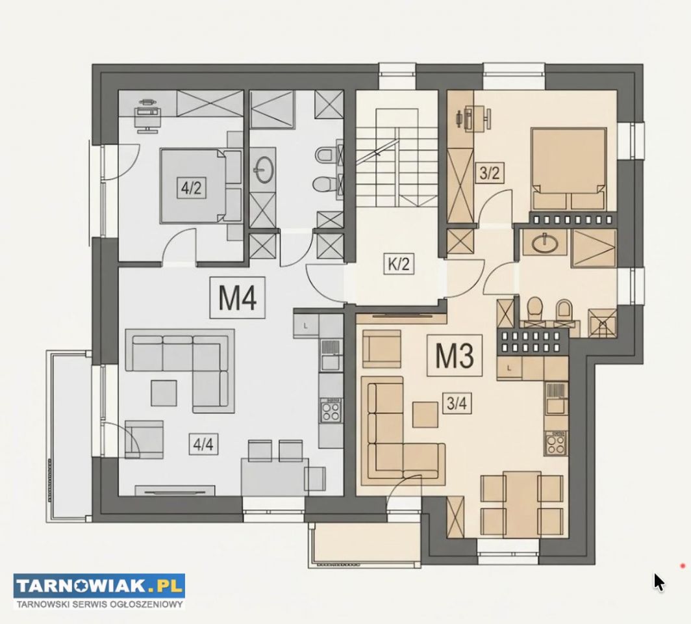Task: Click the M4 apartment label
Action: [x=238, y=298]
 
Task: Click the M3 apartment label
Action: [x=455, y=355]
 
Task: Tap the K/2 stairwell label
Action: [x=399, y=264]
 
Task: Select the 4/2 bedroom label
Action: [x=191, y=188]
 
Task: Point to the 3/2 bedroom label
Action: [x=490, y=174]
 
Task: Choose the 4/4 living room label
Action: [x=203, y=444]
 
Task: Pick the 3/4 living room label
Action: [x=457, y=403]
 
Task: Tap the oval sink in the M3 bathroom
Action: [x=545, y=243]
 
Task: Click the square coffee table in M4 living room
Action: [x=164, y=393]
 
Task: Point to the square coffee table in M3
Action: [x=425, y=415]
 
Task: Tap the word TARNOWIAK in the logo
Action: [x=81, y=586]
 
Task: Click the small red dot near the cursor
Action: [x=683, y=565]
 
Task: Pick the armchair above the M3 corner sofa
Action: [x=382, y=349]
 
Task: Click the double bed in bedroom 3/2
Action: [x=568, y=168]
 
